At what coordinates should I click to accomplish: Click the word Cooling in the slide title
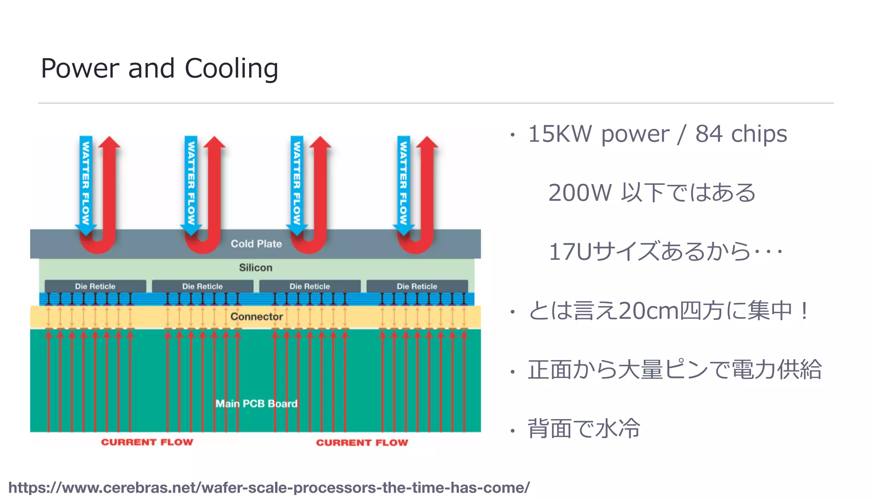(231, 69)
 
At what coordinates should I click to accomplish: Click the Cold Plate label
(256, 244)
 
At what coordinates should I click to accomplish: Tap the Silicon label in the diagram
(255, 267)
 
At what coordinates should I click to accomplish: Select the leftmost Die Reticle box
(95, 286)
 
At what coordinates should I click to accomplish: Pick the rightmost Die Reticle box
(417, 286)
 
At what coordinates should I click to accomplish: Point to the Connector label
(256, 316)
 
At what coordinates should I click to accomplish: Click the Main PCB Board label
(256, 403)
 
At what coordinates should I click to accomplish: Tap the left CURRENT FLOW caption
(147, 442)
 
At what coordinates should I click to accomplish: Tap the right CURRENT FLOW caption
(362, 442)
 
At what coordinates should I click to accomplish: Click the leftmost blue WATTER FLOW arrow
(86, 183)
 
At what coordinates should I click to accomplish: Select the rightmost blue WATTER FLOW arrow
(403, 183)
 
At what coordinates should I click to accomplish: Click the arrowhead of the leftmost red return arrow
(109, 143)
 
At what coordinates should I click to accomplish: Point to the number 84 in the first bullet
(708, 134)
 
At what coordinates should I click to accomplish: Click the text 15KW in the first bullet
(559, 134)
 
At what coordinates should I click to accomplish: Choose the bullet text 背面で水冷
(584, 428)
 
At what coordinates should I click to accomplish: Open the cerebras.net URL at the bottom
(269, 488)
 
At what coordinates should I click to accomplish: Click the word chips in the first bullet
(759, 134)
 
